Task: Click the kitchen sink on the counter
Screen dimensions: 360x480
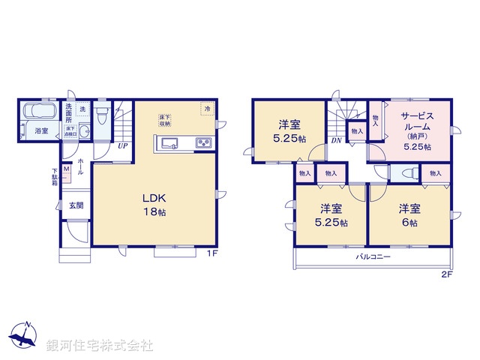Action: (168, 143)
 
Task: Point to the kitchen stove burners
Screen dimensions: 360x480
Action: (204, 143)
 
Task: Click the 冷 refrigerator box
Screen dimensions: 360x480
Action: (205, 109)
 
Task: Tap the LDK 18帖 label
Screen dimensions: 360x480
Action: (154, 205)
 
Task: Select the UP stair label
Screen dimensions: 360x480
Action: (121, 146)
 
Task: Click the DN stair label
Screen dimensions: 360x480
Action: (337, 140)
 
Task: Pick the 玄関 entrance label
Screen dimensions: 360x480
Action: (76, 205)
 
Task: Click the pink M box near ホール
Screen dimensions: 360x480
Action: (67, 170)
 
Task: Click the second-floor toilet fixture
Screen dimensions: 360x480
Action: (409, 172)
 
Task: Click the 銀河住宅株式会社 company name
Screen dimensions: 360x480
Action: (100, 346)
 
